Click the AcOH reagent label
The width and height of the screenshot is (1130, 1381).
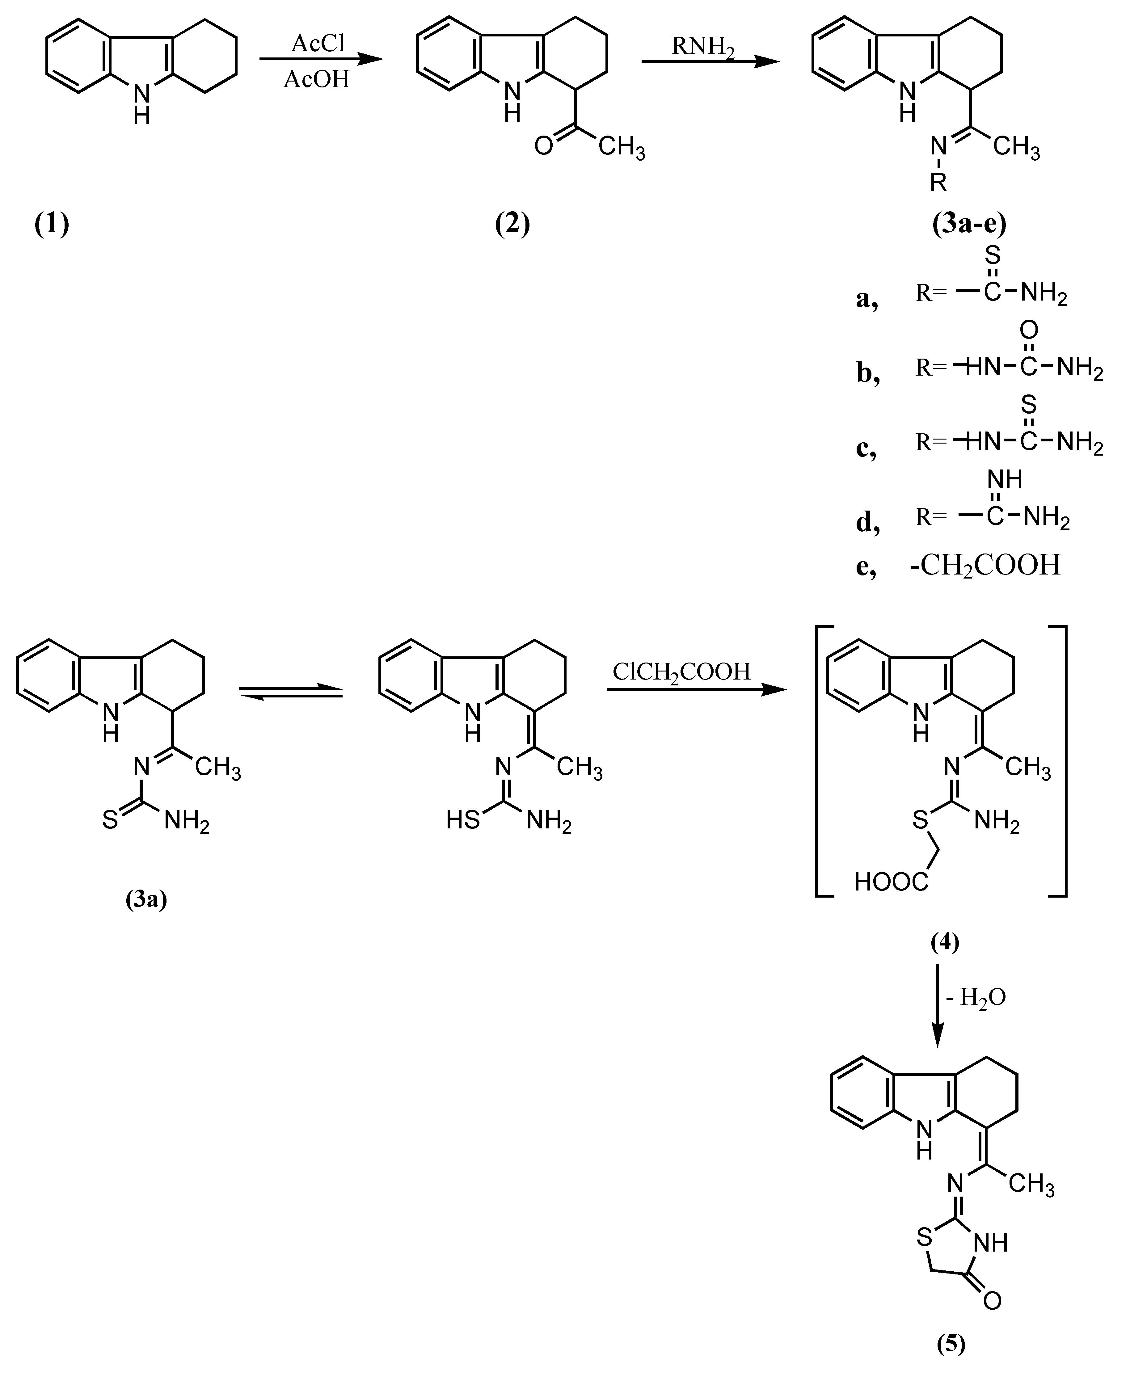coord(317,79)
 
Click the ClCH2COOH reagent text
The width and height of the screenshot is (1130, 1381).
coord(681,672)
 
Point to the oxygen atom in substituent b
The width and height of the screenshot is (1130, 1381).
coord(1028,331)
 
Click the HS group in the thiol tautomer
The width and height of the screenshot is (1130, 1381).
coord(463,821)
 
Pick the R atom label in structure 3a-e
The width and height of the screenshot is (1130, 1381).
coord(938,183)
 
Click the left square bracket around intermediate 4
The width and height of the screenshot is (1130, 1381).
coord(818,761)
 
